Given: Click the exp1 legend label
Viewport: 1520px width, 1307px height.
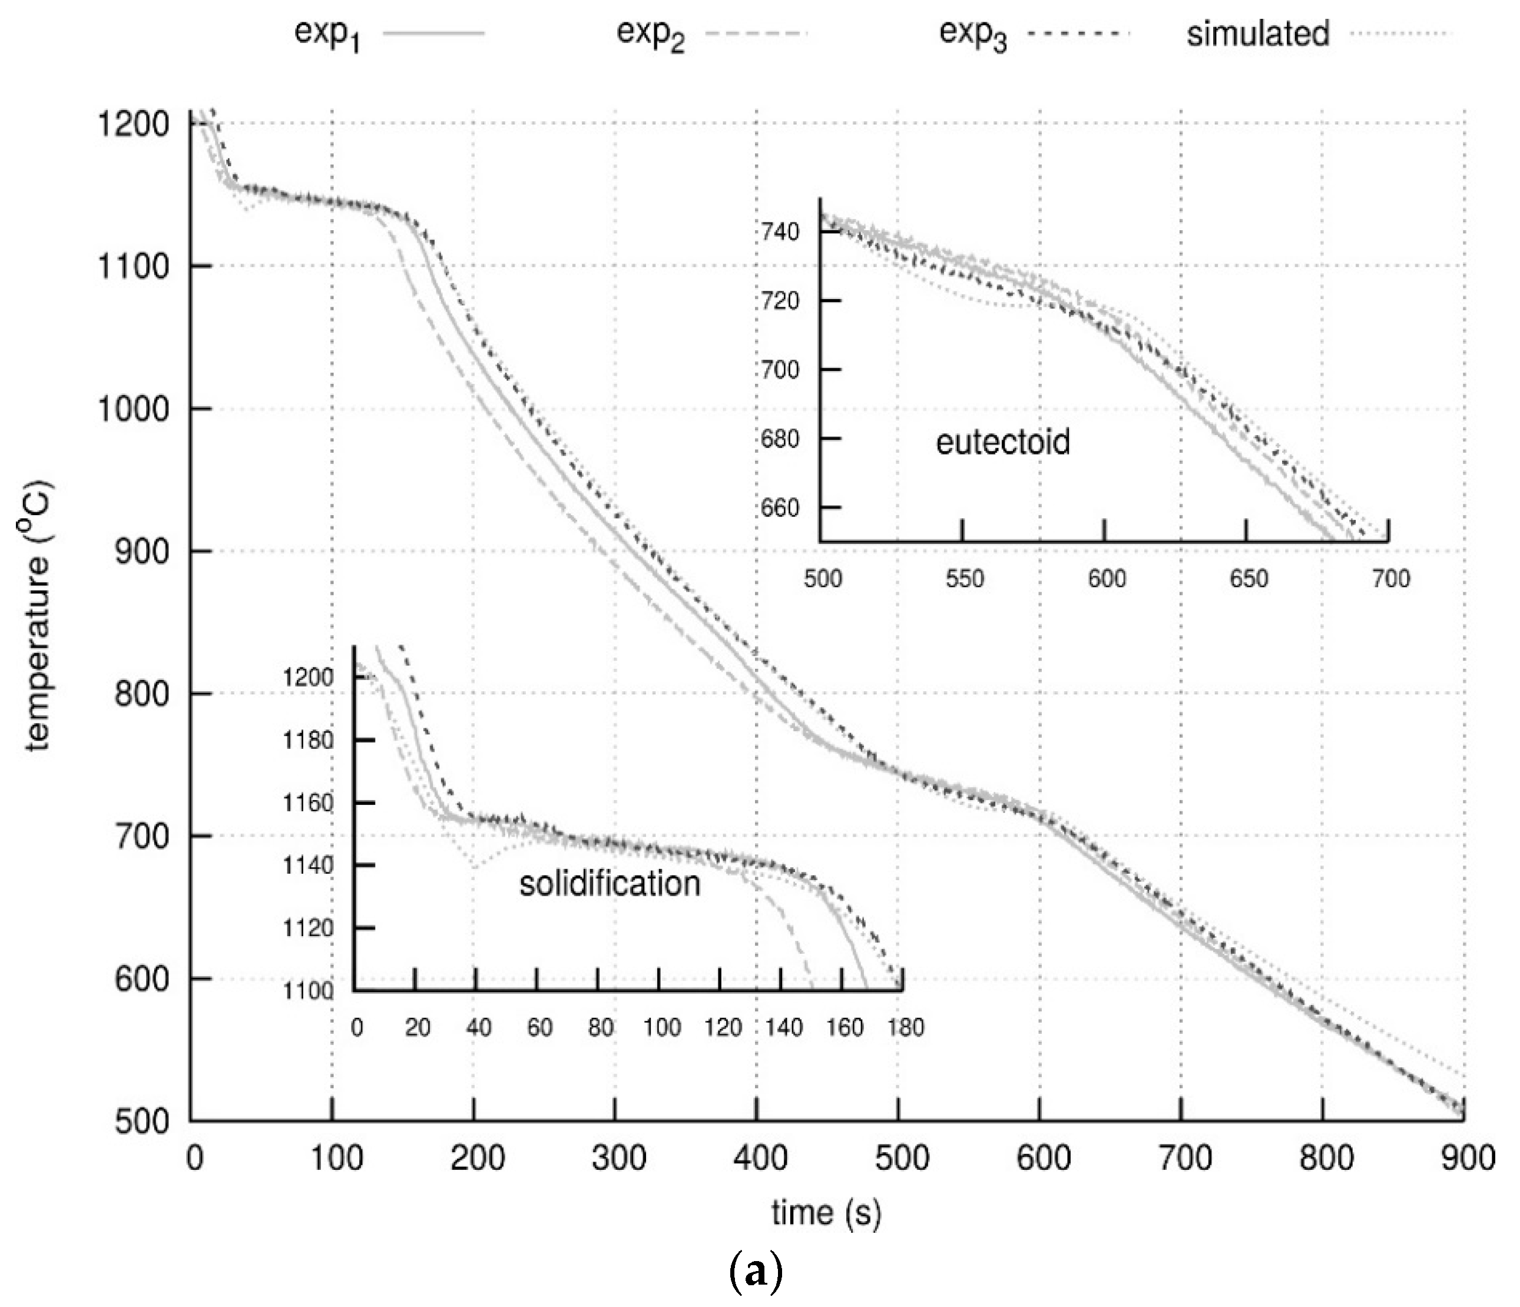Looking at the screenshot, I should [327, 35].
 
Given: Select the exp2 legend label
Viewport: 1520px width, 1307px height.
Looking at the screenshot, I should [650, 35].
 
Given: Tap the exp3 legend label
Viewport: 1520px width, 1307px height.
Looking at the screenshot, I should [973, 35].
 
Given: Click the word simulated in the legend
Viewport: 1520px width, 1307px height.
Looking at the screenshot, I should [1257, 34].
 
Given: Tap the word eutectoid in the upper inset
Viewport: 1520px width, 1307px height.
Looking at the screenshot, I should [1003, 442].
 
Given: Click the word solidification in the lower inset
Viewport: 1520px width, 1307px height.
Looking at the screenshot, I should [610, 884].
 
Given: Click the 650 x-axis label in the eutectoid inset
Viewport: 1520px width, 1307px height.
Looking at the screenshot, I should [1249, 579].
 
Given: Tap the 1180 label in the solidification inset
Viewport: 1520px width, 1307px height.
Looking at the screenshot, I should [308, 741].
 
